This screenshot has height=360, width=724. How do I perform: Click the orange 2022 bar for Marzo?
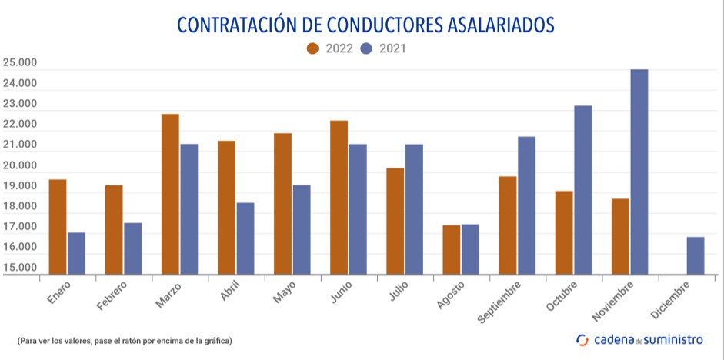tap(170, 194)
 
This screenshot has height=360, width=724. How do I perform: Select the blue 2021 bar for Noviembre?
tap(639, 172)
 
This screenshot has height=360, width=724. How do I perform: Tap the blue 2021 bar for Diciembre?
tap(696, 255)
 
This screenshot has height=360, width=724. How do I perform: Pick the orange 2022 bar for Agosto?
tap(452, 249)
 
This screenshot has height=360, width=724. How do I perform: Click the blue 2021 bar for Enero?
tap(76, 253)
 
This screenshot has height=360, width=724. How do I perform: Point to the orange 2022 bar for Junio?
tap(339, 197)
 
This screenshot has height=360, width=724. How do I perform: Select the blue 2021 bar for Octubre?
tap(583, 190)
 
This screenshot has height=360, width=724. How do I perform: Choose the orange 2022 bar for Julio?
tap(395, 221)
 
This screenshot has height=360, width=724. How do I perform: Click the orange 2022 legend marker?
tap(313, 48)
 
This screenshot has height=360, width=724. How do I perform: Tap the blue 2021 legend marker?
tap(367, 48)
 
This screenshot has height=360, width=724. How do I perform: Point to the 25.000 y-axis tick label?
tap(19, 62)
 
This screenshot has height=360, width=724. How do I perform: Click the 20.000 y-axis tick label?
tap(19, 165)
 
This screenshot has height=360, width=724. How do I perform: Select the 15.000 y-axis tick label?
tap(19, 268)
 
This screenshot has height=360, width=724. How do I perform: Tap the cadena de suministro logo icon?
tap(582, 339)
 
